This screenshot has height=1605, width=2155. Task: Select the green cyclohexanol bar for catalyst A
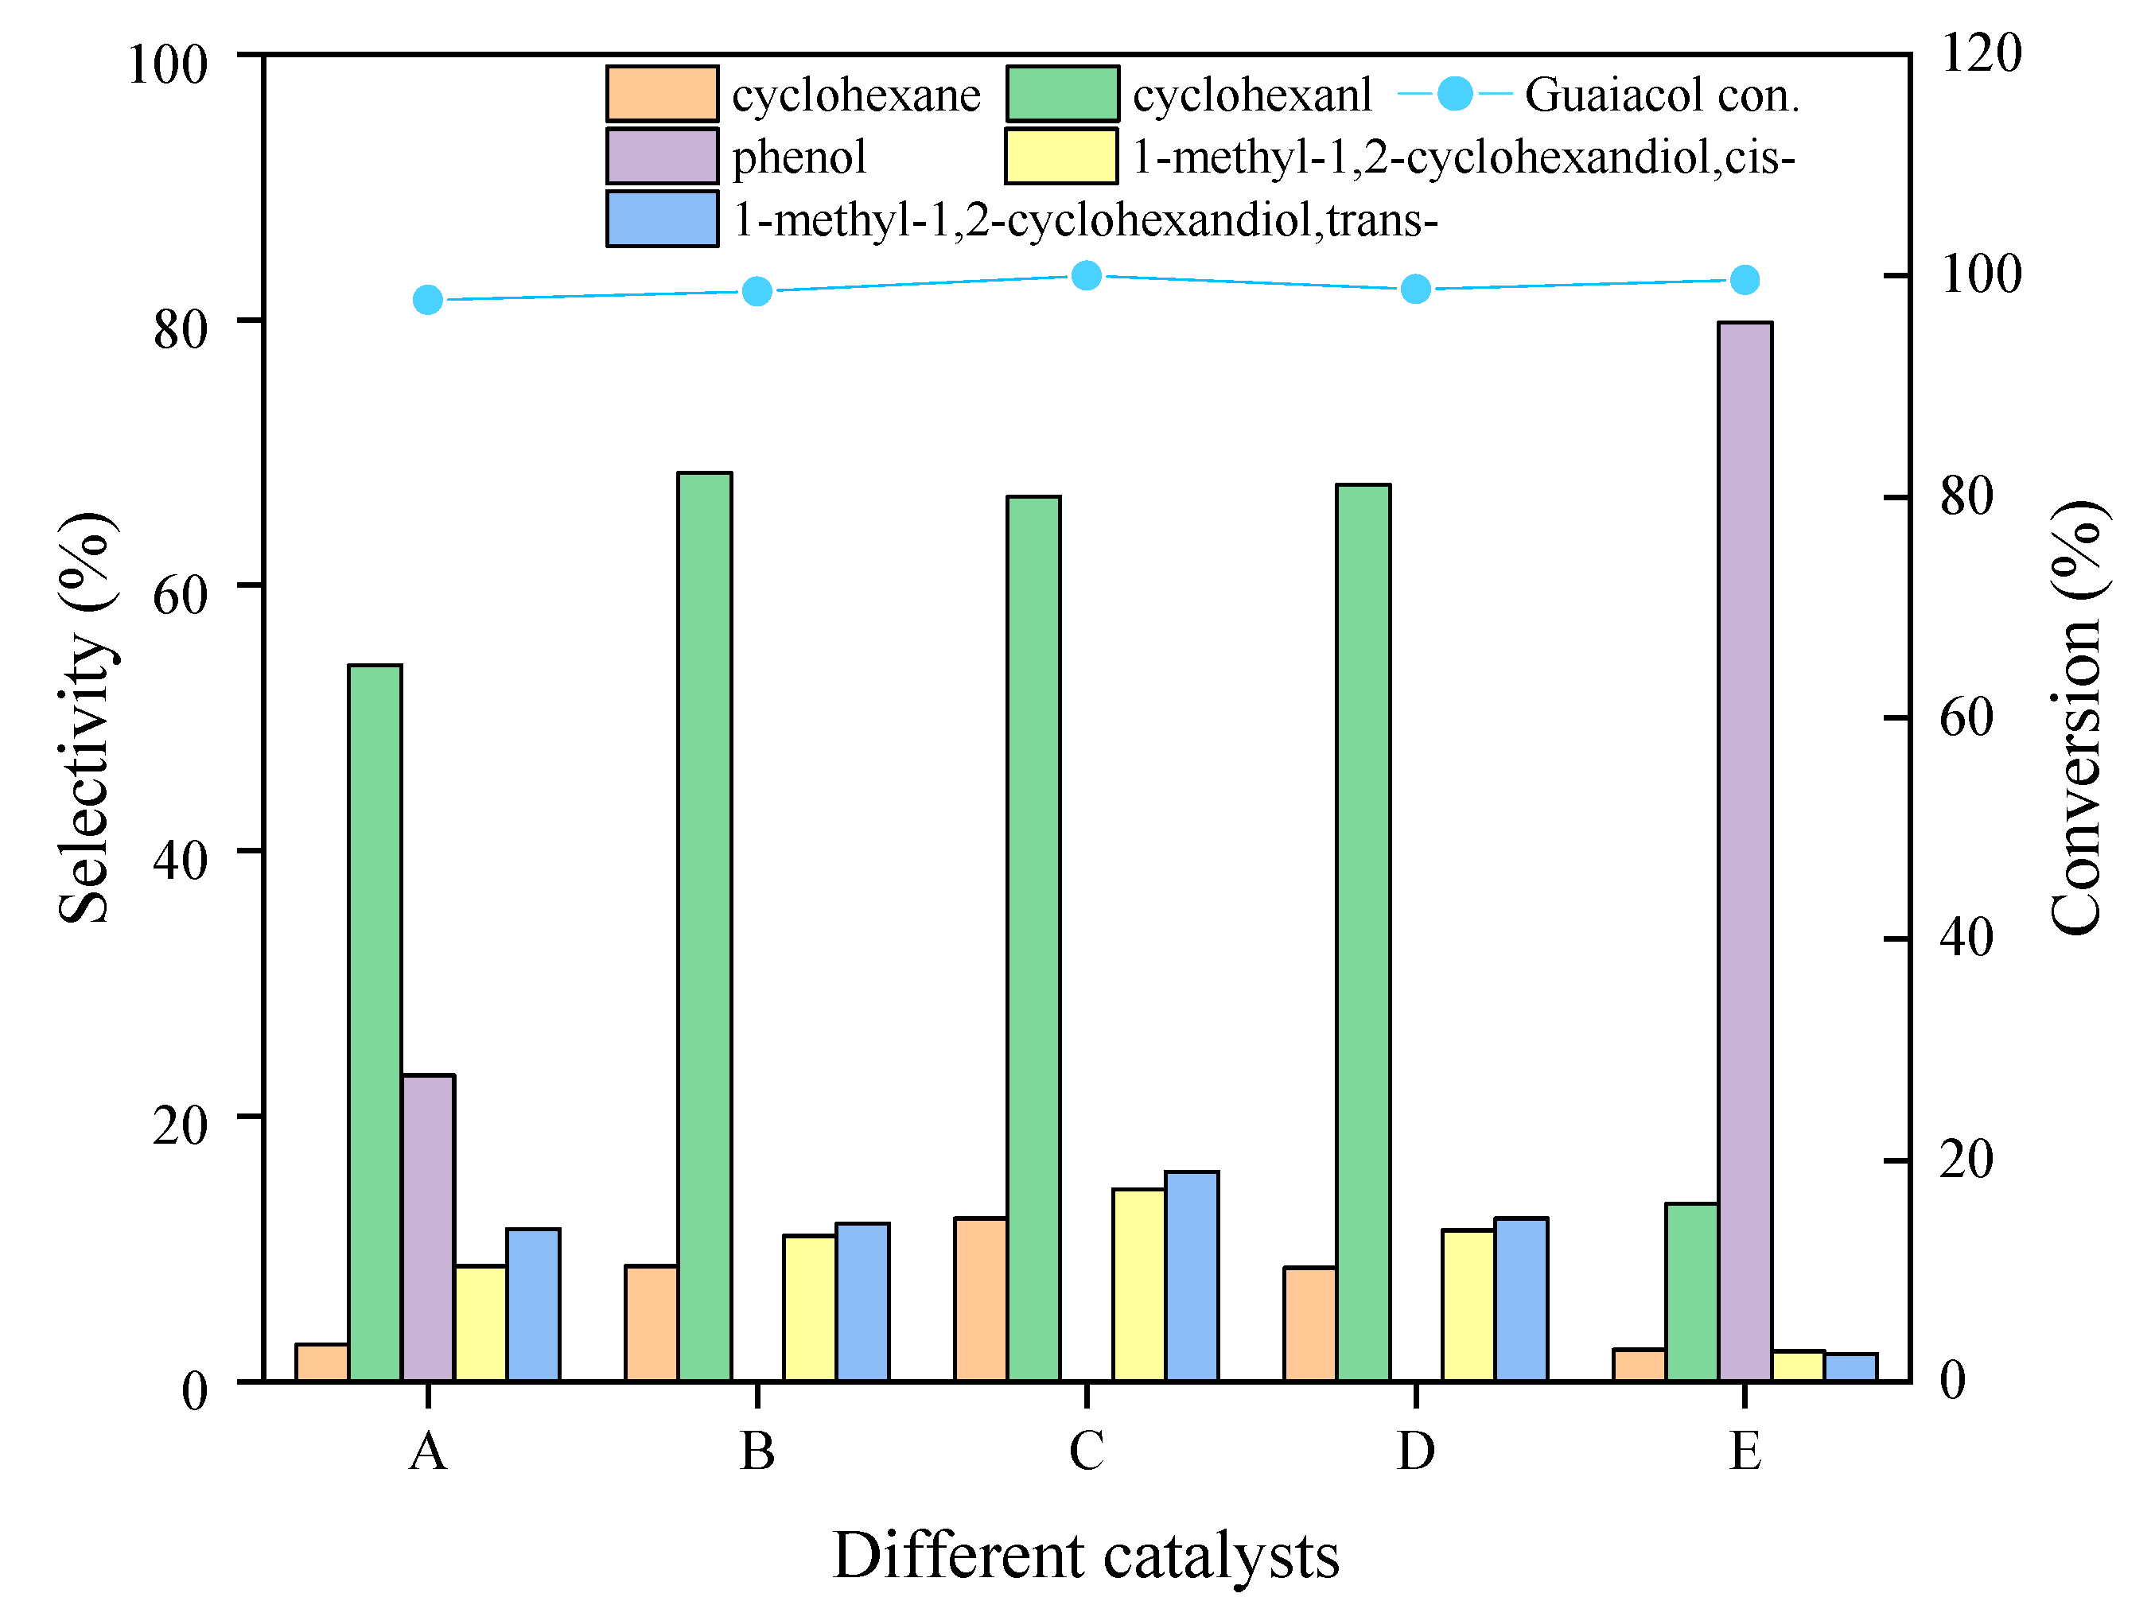375,1022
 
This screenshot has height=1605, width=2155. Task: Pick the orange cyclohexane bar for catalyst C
980,1299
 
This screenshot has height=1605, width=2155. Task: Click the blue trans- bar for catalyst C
1192,1276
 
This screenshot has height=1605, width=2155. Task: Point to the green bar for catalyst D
1363,933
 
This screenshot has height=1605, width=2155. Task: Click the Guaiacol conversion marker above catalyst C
1086,276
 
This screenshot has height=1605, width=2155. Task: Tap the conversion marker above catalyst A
427,300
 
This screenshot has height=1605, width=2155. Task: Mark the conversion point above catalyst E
1745,281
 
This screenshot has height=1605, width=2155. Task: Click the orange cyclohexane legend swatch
663,94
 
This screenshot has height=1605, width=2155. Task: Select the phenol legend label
799,157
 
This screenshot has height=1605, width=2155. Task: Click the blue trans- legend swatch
663,220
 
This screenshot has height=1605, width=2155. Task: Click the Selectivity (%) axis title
85,718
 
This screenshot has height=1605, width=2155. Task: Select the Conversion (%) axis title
2077,718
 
